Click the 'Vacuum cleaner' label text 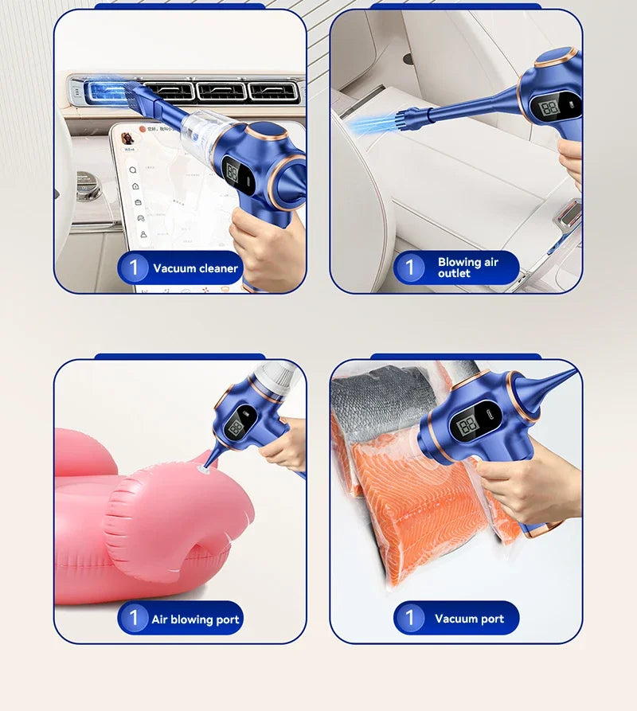pyautogui.click(x=195, y=268)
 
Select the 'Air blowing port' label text pyautogui.click(x=195, y=619)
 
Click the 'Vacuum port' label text pyautogui.click(x=469, y=619)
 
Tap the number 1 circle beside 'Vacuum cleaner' pyautogui.click(x=134, y=268)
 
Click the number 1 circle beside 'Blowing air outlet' pyautogui.click(x=410, y=268)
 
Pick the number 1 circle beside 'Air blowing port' pyautogui.click(x=134, y=618)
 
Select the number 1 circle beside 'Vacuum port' pyautogui.click(x=410, y=618)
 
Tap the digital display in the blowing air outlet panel pyautogui.click(x=550, y=107)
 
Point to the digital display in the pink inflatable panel pyautogui.click(x=236, y=428)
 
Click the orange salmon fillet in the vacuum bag pyautogui.click(x=414, y=510)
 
